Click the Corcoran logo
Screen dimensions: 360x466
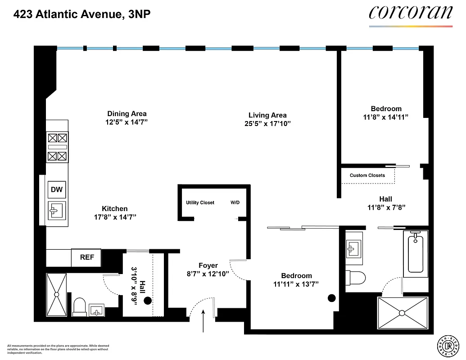click(410, 13)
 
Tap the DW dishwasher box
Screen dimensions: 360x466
click(57, 189)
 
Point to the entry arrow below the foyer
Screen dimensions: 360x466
click(203, 321)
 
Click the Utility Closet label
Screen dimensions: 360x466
click(200, 203)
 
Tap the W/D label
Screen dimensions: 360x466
click(235, 203)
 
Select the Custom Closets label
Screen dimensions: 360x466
click(367, 175)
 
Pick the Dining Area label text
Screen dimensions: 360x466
click(127, 114)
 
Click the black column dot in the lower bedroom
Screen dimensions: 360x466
click(332, 297)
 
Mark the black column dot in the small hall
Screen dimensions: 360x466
click(147, 302)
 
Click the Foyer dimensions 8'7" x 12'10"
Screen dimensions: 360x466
click(208, 274)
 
